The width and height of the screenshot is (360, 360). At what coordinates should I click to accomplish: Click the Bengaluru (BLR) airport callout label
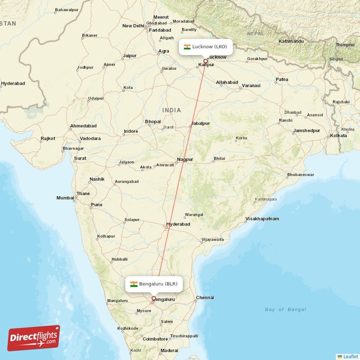tap(154, 284)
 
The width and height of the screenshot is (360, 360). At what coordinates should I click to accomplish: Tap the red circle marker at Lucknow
tap(206, 61)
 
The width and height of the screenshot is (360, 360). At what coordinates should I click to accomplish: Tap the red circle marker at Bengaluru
tap(153, 298)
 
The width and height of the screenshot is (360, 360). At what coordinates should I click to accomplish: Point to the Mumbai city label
tap(65, 198)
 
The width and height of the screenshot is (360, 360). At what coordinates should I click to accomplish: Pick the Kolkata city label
tap(338, 135)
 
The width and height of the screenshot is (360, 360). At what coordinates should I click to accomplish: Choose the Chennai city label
tap(205, 297)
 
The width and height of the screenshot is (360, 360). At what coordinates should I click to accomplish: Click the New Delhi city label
tap(133, 26)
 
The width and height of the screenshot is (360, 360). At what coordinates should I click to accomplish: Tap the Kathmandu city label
tap(291, 41)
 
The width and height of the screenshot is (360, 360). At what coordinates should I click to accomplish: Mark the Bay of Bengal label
tap(285, 310)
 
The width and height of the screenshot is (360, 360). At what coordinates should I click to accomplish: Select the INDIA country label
tap(172, 110)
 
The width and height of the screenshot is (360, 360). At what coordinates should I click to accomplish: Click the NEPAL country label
tap(256, 34)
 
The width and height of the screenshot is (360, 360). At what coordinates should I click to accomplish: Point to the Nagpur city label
tap(185, 159)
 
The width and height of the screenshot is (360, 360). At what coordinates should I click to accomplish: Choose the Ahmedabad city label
tap(83, 126)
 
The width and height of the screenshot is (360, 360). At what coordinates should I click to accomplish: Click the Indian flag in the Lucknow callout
tap(187, 47)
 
